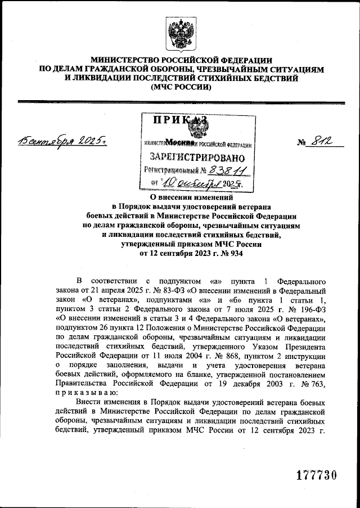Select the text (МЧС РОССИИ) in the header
179,88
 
